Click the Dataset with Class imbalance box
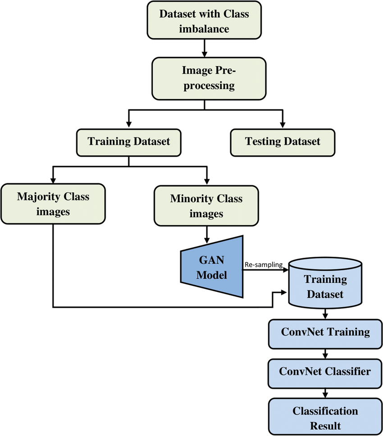[204, 21]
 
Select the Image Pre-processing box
[204, 78]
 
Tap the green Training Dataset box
[129, 141]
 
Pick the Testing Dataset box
[283, 141]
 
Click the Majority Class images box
[53, 204]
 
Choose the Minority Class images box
[206, 206]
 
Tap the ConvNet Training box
[325, 333]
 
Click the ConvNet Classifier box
[325, 372]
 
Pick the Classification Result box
[325, 418]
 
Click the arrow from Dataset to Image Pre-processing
[204, 47]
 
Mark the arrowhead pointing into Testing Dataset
[283, 126]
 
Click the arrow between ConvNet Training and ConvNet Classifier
[325, 353]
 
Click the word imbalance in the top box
[204, 29]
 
